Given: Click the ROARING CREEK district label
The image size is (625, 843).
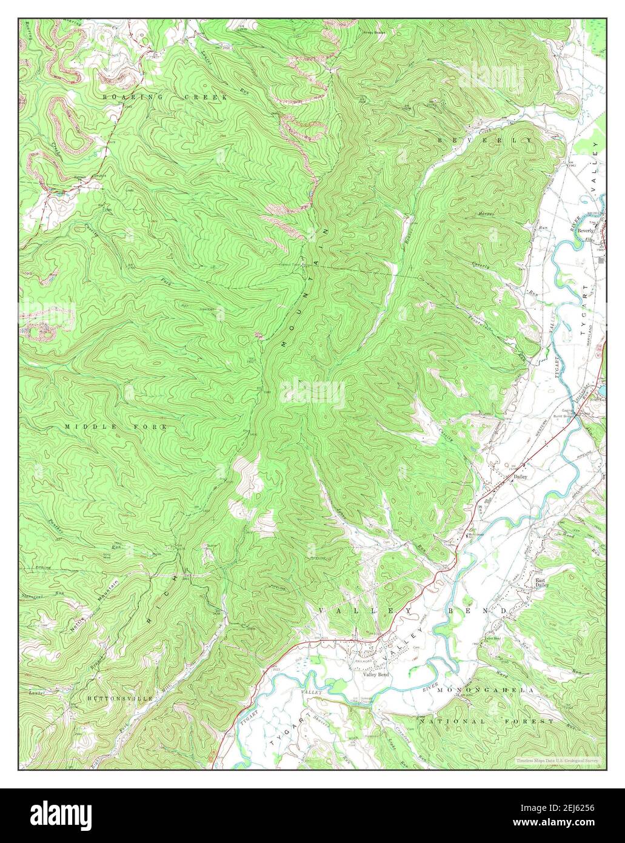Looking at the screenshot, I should point(164,97).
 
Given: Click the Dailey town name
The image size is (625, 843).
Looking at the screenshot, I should point(521,477).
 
